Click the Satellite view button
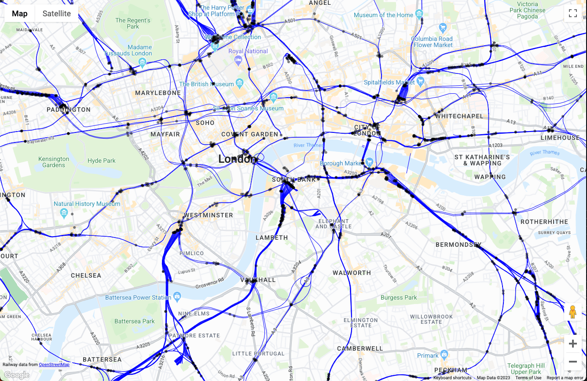pyautogui.click(x=56, y=14)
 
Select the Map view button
pyautogui.click(x=20, y=14)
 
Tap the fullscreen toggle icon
pyautogui.click(x=572, y=13)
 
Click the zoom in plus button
pyautogui.click(x=572, y=344)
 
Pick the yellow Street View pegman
pyautogui.click(x=572, y=312)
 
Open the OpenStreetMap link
pyautogui.click(x=54, y=364)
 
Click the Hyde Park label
pyautogui.click(x=101, y=161)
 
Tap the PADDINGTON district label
pyautogui.click(x=69, y=110)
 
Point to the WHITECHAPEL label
pyautogui.click(x=459, y=116)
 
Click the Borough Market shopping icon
pyautogui.click(x=369, y=161)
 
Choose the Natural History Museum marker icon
pyautogui.click(x=64, y=213)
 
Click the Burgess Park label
pyautogui.click(x=399, y=297)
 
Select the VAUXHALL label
pyautogui.click(x=258, y=280)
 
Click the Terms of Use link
pyautogui.click(x=528, y=378)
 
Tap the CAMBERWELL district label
pyautogui.click(x=360, y=348)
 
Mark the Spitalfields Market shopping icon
pyautogui.click(x=420, y=81)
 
